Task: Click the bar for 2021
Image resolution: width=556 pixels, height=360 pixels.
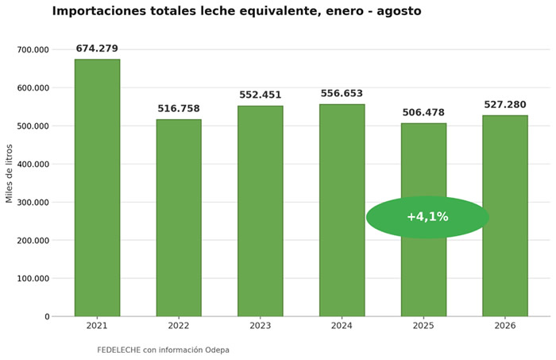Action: point(97,188)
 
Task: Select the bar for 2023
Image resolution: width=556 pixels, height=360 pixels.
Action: point(261,211)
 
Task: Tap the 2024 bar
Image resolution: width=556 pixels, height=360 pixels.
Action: point(342,211)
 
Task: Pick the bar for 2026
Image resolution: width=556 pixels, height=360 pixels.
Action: point(505,215)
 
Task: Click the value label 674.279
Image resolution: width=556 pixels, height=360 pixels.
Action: point(97,48)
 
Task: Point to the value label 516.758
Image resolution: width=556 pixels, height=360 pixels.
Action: point(179,108)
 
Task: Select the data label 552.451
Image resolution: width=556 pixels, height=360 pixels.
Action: point(261,95)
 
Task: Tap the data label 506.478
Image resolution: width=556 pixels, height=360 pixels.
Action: point(423,112)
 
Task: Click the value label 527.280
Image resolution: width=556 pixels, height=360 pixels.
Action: point(505,105)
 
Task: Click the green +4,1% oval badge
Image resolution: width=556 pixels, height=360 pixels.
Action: point(427,217)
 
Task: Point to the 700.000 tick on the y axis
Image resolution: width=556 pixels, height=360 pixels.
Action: point(33,49)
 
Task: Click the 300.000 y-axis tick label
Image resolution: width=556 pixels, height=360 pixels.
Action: point(33,203)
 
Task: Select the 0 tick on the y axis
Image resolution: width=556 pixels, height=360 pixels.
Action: point(47,317)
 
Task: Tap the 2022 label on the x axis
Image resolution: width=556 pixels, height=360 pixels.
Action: point(179,326)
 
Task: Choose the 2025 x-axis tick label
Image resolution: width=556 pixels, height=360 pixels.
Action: point(423,326)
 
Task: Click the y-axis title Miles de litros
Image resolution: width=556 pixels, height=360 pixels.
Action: point(10,174)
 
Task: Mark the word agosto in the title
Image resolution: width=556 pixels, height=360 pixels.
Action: point(399,12)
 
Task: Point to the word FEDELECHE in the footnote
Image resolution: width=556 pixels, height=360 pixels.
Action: point(119,350)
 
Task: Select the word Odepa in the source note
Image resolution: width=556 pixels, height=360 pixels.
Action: point(217,350)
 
